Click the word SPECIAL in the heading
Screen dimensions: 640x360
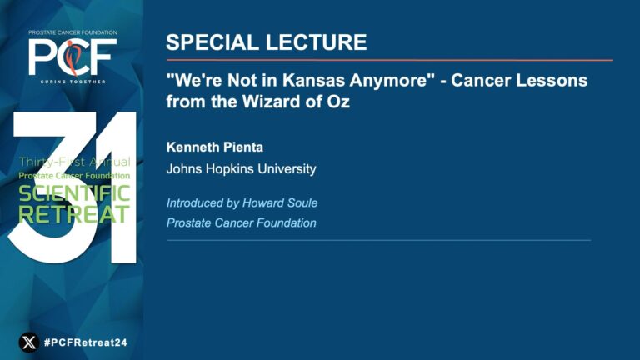(x=212, y=42)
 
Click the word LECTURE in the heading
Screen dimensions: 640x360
(x=317, y=42)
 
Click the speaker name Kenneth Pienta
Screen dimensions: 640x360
(x=215, y=147)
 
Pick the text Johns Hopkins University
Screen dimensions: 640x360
(x=241, y=169)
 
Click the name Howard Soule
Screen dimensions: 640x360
(x=280, y=202)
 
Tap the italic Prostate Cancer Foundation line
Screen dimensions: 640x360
(x=241, y=222)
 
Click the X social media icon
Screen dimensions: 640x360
(x=29, y=342)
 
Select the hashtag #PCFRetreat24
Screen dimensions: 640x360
(x=86, y=342)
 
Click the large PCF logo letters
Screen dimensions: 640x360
(x=72, y=57)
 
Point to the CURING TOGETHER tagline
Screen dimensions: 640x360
(x=73, y=82)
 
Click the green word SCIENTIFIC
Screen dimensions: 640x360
(x=74, y=193)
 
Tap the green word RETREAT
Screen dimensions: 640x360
(x=74, y=213)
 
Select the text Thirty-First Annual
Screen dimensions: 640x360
(x=75, y=162)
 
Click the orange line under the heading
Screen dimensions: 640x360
(x=390, y=60)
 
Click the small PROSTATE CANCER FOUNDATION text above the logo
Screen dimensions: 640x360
(x=72, y=32)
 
